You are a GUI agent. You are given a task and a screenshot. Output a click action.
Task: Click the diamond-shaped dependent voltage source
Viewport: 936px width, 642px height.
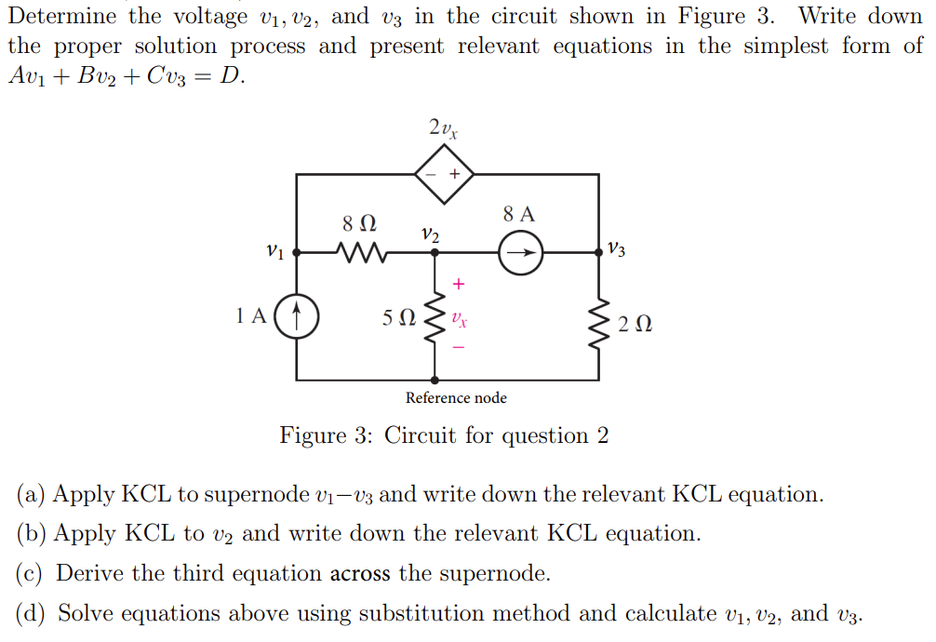444,174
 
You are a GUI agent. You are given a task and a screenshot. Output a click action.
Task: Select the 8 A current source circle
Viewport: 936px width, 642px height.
520,251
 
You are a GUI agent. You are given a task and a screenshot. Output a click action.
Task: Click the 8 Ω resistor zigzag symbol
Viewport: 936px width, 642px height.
358,251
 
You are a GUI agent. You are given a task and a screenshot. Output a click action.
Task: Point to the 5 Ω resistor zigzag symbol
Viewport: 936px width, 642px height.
434,319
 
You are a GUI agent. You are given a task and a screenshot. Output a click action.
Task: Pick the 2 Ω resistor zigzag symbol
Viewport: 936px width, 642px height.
597,321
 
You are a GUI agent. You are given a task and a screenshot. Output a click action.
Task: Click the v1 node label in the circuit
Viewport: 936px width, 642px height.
274,250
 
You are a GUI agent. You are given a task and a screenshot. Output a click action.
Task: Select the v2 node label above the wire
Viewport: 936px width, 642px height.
430,234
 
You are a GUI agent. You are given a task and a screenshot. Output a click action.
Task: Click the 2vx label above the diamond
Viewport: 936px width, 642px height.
443,127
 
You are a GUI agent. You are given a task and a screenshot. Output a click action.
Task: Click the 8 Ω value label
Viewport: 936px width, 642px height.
359,223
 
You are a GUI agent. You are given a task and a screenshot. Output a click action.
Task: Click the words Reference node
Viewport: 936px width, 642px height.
456,398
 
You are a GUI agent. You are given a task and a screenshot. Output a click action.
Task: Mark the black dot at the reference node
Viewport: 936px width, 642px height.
435,380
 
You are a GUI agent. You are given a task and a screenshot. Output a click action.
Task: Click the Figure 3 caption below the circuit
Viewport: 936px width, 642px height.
445,435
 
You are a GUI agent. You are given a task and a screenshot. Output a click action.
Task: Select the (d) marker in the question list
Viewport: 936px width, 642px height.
32,614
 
